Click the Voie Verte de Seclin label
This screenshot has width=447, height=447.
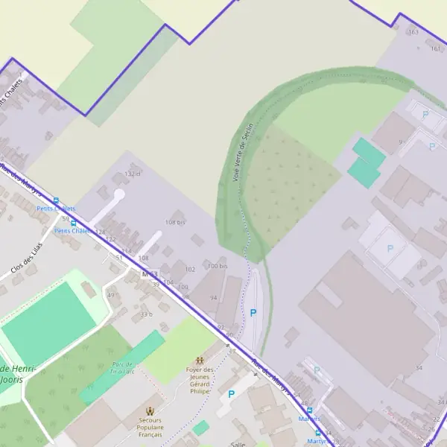point(244,152)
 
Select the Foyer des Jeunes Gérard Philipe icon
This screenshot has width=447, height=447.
point(200,361)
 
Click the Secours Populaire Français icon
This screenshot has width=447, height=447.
point(150,411)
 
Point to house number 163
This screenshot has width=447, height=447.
point(413,32)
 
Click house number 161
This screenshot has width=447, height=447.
point(436,48)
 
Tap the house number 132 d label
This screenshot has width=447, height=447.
point(133,174)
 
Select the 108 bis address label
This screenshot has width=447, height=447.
point(175,222)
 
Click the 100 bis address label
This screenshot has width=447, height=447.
point(218,266)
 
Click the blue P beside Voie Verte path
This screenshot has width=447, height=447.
point(253,314)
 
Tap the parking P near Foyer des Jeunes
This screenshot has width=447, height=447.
point(231,394)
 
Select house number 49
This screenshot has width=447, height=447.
point(112,296)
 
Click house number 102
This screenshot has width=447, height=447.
point(190,270)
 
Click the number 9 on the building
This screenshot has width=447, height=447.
point(400,142)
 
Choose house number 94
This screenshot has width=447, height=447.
point(214,298)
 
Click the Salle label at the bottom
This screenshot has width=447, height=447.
point(238,444)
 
